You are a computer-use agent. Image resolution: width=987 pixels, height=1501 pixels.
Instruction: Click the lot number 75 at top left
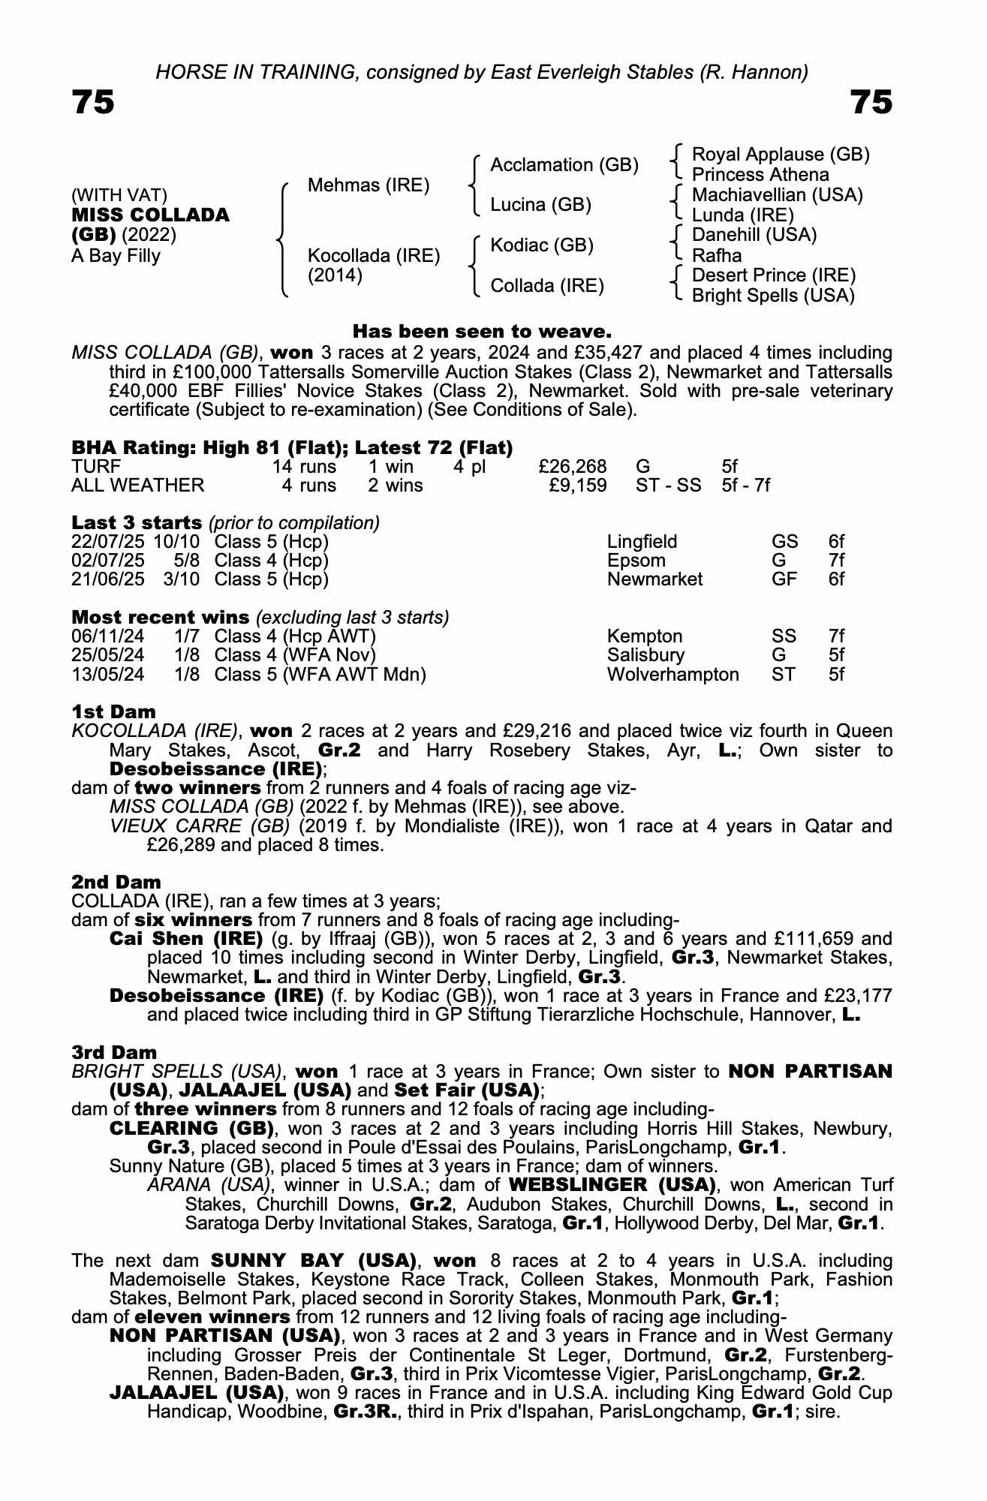pyautogui.click(x=93, y=102)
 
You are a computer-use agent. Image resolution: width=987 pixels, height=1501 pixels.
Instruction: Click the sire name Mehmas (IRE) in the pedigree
pyautogui.click(x=369, y=185)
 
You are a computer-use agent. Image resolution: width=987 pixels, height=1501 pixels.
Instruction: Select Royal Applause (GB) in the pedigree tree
pyautogui.click(x=780, y=155)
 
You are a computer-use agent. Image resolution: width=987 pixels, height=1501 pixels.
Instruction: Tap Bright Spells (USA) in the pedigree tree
pyautogui.click(x=773, y=296)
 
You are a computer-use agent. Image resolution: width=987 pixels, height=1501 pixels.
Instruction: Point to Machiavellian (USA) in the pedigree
pyautogui.click(x=777, y=195)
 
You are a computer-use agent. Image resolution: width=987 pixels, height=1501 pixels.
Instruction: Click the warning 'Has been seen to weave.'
pyautogui.click(x=482, y=331)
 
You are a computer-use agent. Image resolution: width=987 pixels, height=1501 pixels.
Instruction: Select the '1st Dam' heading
pyautogui.click(x=114, y=711)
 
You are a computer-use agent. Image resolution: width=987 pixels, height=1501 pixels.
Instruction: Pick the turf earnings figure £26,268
pyautogui.click(x=573, y=467)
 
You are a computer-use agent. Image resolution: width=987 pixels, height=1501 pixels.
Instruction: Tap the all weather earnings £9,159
pyautogui.click(x=578, y=486)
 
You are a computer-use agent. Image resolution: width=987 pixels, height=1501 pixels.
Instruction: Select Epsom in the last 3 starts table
pyautogui.click(x=636, y=561)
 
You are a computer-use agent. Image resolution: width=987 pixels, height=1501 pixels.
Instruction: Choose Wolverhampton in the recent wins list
pyautogui.click(x=673, y=674)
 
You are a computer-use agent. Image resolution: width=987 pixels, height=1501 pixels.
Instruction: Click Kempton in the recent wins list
pyautogui.click(x=645, y=636)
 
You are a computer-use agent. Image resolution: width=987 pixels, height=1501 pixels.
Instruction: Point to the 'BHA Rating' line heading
pyautogui.click(x=292, y=447)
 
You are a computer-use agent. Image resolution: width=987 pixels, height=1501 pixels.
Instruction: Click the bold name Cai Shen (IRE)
pyautogui.click(x=185, y=939)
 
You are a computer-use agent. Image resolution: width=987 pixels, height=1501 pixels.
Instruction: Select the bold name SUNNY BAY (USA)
pyautogui.click(x=313, y=1260)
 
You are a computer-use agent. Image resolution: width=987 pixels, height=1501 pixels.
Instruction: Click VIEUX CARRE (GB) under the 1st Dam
pyautogui.click(x=200, y=826)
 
